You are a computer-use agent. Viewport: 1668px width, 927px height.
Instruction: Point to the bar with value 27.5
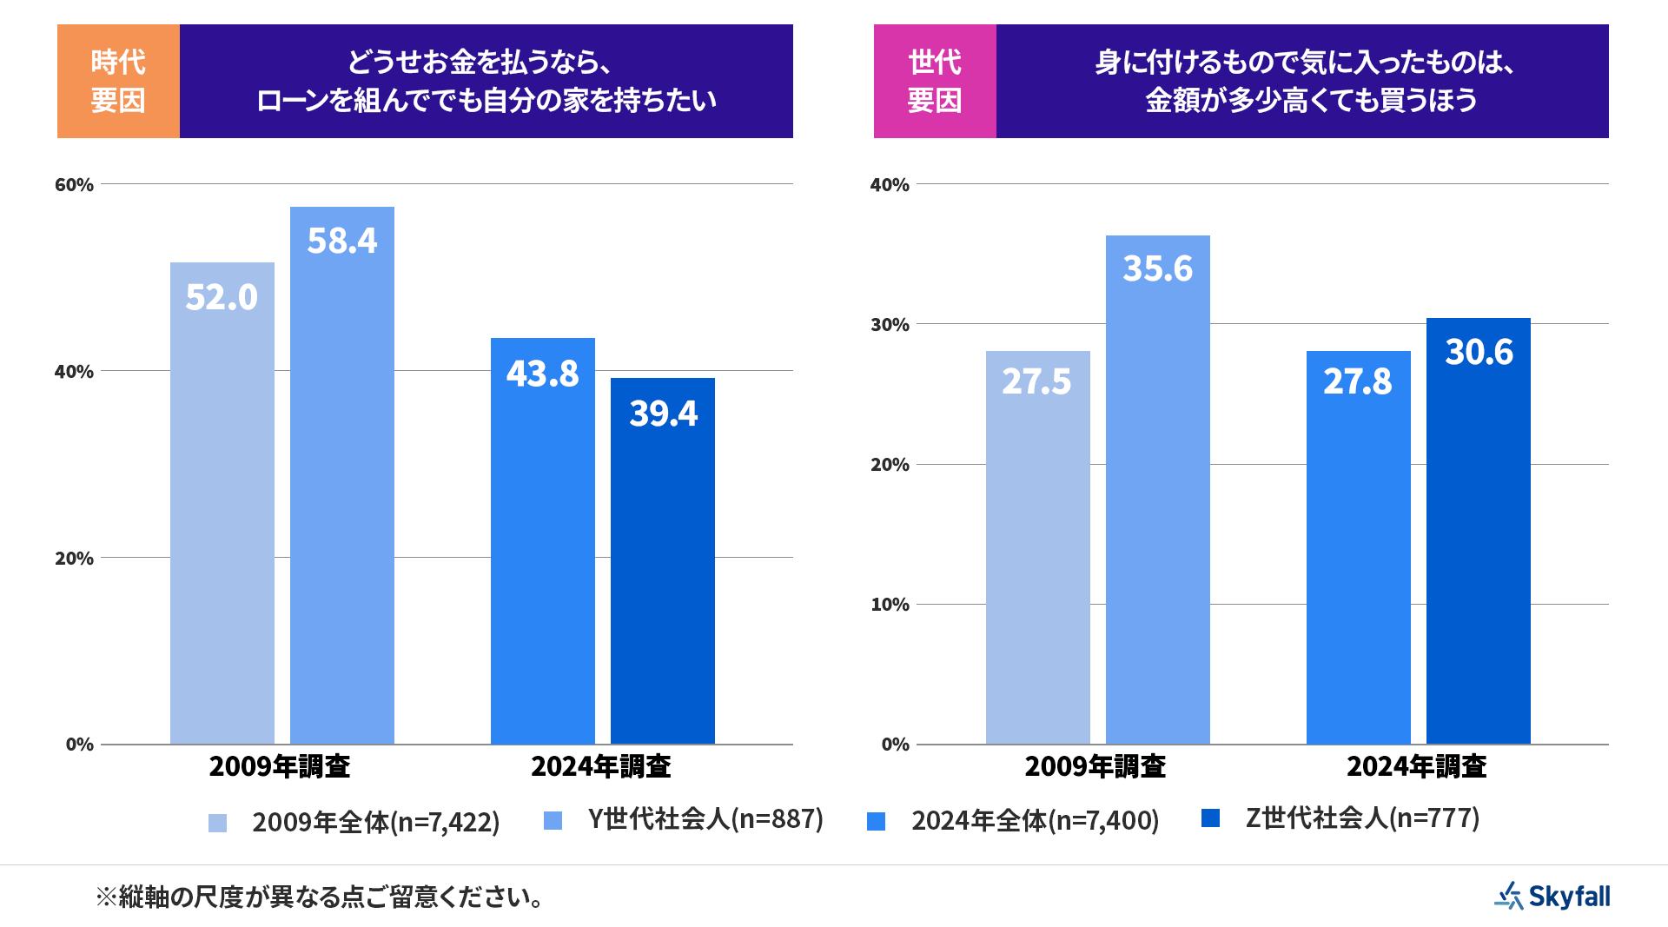(x=1037, y=547)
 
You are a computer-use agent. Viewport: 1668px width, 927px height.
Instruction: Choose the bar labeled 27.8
(x=1358, y=547)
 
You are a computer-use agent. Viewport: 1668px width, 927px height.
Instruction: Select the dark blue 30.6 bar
(x=1478, y=531)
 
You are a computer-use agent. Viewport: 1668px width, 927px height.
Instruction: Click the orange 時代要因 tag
(x=118, y=81)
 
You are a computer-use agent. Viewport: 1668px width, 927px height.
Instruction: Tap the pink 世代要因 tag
(x=935, y=81)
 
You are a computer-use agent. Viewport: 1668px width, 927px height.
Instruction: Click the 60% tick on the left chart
(x=74, y=184)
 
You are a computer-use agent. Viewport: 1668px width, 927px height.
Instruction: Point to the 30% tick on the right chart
(x=890, y=324)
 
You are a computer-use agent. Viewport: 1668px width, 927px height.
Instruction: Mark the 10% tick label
(x=890, y=604)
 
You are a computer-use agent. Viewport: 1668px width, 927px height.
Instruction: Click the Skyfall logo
(x=1552, y=896)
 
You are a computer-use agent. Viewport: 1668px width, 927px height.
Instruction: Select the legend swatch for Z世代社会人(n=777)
(x=1210, y=818)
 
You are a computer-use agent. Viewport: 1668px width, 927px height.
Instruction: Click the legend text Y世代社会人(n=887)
(x=705, y=818)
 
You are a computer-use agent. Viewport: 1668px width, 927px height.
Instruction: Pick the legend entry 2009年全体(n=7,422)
(x=375, y=822)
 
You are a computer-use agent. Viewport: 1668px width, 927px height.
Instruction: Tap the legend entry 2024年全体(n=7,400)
(x=1035, y=820)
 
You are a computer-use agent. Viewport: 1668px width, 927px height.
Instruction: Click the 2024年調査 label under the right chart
(x=1416, y=766)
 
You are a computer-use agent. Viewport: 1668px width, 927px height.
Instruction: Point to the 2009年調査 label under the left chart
(x=280, y=766)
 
